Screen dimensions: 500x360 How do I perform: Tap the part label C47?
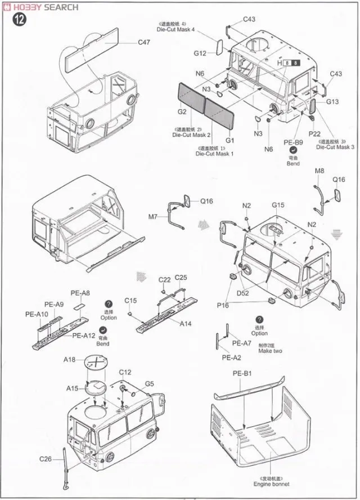point(144,42)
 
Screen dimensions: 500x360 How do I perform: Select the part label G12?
point(200,53)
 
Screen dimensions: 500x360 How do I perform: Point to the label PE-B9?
point(293,142)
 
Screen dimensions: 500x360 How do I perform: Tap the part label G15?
point(278,205)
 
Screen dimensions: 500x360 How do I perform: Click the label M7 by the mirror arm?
point(154,216)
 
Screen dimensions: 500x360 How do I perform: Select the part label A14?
point(186,324)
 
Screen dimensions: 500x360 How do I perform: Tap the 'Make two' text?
point(270,351)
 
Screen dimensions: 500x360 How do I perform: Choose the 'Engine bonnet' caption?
point(271,484)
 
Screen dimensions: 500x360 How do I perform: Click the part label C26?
point(46,459)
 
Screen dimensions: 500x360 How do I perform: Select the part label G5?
point(149,384)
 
